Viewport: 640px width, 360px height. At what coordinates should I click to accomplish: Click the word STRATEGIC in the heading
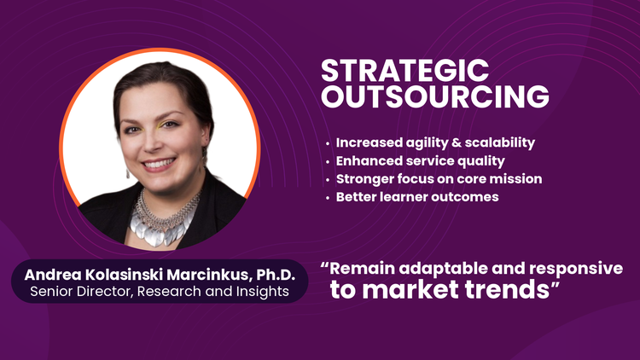point(404,71)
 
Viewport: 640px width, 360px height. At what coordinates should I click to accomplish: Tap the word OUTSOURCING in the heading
point(435,96)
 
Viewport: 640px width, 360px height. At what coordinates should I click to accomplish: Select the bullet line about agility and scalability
point(435,142)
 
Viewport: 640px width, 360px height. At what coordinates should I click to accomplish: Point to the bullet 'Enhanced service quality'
point(420,161)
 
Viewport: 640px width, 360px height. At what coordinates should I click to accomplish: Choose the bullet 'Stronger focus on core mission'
point(439,179)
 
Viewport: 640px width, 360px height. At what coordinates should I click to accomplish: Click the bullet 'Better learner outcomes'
point(417,197)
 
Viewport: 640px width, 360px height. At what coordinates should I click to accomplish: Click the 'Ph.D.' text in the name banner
point(276,275)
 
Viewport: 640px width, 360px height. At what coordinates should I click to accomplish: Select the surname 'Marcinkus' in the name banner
point(209,275)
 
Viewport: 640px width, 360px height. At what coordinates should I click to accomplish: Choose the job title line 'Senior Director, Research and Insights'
point(160,292)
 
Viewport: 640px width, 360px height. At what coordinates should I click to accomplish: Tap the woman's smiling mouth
point(159,164)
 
